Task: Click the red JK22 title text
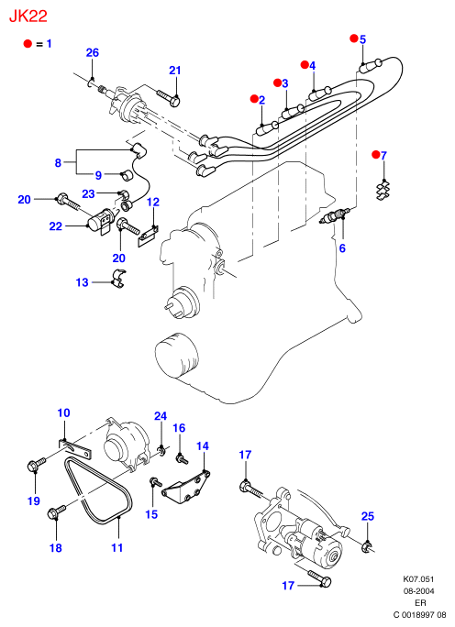[x=28, y=16]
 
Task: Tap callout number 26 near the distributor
[x=93, y=53]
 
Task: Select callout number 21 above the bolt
[x=175, y=71]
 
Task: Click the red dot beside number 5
[x=354, y=38]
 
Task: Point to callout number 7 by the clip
[x=383, y=155]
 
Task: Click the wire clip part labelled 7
[x=383, y=191]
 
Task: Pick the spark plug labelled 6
[x=334, y=215]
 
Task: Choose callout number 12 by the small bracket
[x=153, y=202]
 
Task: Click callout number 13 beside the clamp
[x=82, y=282]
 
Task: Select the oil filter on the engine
[x=177, y=355]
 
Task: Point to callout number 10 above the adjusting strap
[x=64, y=412]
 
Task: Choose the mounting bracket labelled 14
[x=186, y=486]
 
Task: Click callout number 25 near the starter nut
[x=367, y=516]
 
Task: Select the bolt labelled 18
[x=57, y=511]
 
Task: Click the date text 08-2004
[x=418, y=591]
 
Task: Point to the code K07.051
[x=418, y=579]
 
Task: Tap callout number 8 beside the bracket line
[x=58, y=163]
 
